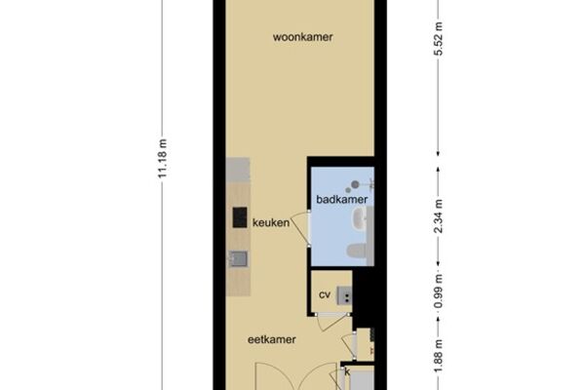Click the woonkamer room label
point(302,37)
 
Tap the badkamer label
point(342,199)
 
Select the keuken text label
point(271,223)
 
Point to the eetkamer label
point(272,339)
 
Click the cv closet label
point(325,294)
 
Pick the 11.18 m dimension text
point(163,159)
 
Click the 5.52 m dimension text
point(439,39)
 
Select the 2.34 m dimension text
point(439,216)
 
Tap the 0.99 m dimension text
point(439,292)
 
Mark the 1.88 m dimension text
point(439,356)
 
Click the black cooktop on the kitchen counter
point(240,217)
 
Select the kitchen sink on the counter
point(238,258)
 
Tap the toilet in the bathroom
point(358,251)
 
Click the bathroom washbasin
point(360,217)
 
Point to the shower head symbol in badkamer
point(355,184)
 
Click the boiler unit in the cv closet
point(344,295)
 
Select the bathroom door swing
point(300,229)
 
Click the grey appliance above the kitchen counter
point(238,170)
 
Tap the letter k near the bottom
point(347,372)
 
